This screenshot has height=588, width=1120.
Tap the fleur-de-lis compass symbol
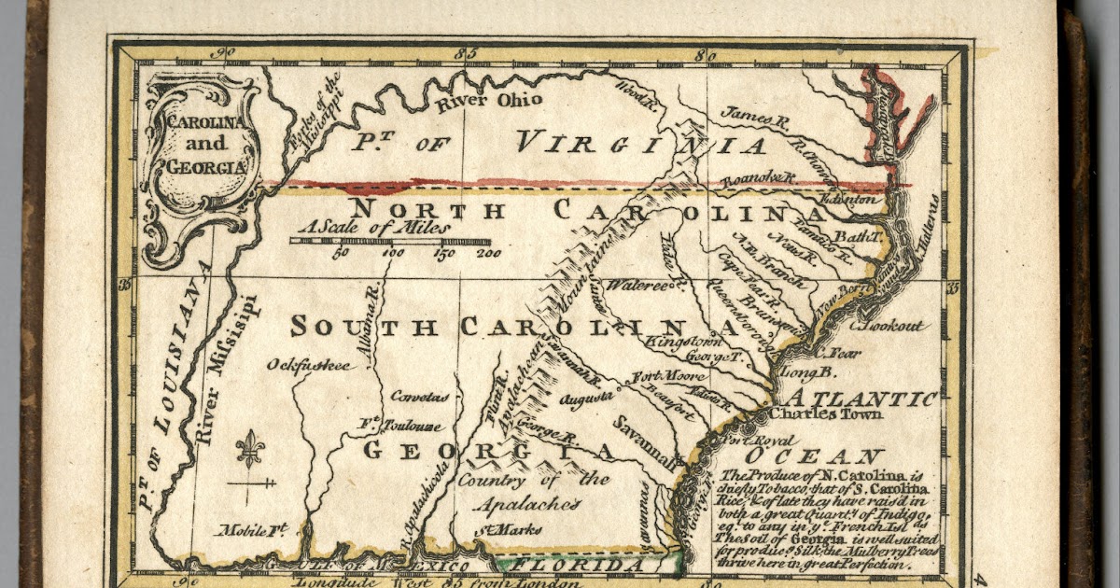point(249,451)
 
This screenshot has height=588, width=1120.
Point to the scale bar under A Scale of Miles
point(390,241)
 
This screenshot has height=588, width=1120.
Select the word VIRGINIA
point(642,145)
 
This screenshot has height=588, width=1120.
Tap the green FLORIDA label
point(586,565)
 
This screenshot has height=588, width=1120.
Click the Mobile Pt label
point(252,531)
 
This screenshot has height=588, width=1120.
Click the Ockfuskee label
point(309,365)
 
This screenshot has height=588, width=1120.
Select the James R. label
point(756,116)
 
